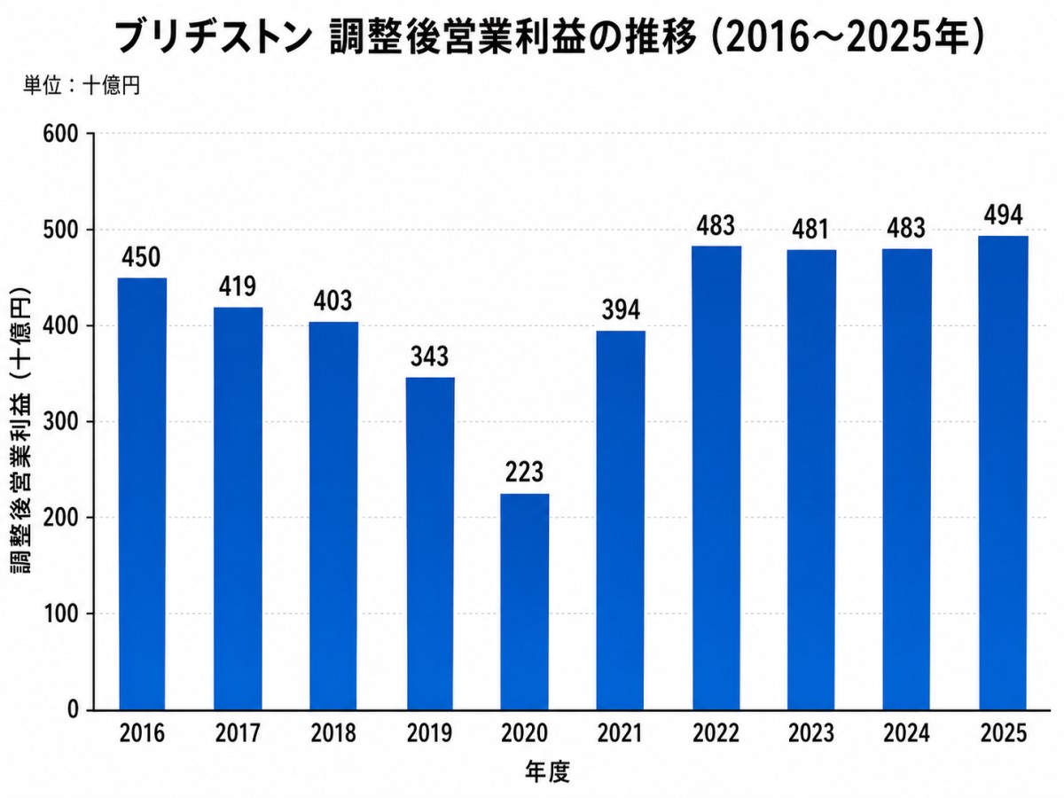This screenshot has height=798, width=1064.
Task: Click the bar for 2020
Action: (x=525, y=602)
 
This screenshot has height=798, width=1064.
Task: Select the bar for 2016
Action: (x=143, y=494)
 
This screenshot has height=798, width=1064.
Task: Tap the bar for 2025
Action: (x=1003, y=473)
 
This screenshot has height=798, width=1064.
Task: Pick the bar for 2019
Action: (x=430, y=544)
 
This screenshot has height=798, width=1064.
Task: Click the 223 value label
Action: (x=525, y=472)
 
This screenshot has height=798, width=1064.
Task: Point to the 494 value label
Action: (x=1003, y=215)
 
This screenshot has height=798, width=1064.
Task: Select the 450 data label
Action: (x=141, y=257)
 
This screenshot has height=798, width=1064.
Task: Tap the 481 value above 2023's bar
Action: (x=811, y=229)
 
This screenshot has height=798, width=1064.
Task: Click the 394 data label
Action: (x=621, y=309)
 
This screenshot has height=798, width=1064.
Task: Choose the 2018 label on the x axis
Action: (x=333, y=733)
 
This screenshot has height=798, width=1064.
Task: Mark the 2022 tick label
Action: (x=716, y=733)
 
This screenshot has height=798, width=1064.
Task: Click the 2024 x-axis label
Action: (x=906, y=733)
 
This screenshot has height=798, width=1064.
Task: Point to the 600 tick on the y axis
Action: (x=60, y=134)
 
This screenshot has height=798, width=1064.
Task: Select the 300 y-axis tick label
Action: (x=60, y=422)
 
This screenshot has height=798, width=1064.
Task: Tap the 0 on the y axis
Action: (x=74, y=710)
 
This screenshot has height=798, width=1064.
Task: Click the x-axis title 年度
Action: (x=548, y=771)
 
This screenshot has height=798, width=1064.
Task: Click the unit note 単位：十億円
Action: (x=82, y=86)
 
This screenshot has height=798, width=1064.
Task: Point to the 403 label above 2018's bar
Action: (x=332, y=301)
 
